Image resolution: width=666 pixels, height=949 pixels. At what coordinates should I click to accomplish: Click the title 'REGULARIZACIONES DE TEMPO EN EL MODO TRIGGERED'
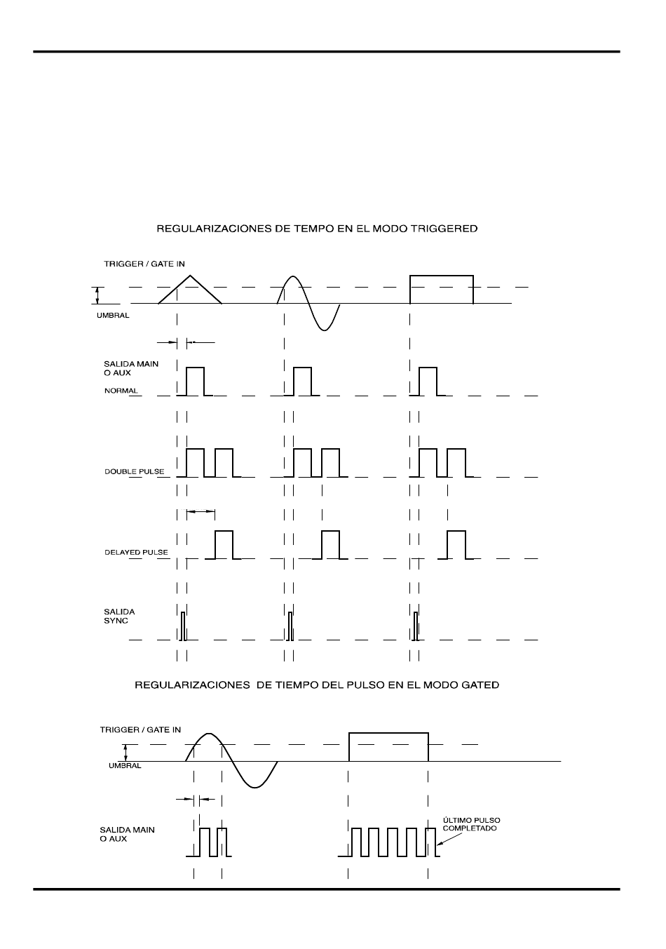click(317, 229)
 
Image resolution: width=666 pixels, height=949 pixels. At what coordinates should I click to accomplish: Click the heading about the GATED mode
click(317, 685)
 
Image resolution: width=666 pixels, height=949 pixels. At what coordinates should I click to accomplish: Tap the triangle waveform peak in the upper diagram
click(190, 274)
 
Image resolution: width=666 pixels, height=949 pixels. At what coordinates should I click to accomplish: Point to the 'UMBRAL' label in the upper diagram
click(113, 316)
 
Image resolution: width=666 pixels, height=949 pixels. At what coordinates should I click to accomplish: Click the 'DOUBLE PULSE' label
click(135, 471)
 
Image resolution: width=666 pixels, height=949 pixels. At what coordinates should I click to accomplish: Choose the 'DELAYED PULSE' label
click(136, 553)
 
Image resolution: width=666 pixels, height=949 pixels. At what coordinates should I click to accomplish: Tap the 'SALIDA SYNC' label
click(119, 616)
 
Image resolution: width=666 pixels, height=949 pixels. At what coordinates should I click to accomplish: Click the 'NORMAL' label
click(121, 391)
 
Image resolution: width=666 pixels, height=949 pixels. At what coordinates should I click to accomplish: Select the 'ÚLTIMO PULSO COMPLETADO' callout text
click(470, 824)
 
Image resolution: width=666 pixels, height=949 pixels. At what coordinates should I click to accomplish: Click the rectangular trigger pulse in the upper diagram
click(441, 289)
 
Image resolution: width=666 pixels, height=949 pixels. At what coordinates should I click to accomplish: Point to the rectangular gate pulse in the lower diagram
click(388, 746)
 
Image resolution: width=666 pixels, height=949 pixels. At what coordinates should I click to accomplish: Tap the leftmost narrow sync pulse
click(183, 626)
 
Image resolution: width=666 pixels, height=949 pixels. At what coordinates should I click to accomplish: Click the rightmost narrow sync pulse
click(416, 626)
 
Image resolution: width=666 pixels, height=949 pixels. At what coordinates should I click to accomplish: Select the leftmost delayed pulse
click(224, 545)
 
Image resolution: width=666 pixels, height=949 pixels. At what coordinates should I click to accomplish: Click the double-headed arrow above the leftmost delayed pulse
click(201, 512)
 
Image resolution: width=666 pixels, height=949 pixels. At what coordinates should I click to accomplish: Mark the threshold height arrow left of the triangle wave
click(99, 295)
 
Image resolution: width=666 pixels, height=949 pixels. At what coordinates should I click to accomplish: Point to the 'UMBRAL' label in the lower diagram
click(125, 766)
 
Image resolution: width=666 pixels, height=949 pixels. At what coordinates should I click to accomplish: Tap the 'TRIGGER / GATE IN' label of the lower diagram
click(140, 730)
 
